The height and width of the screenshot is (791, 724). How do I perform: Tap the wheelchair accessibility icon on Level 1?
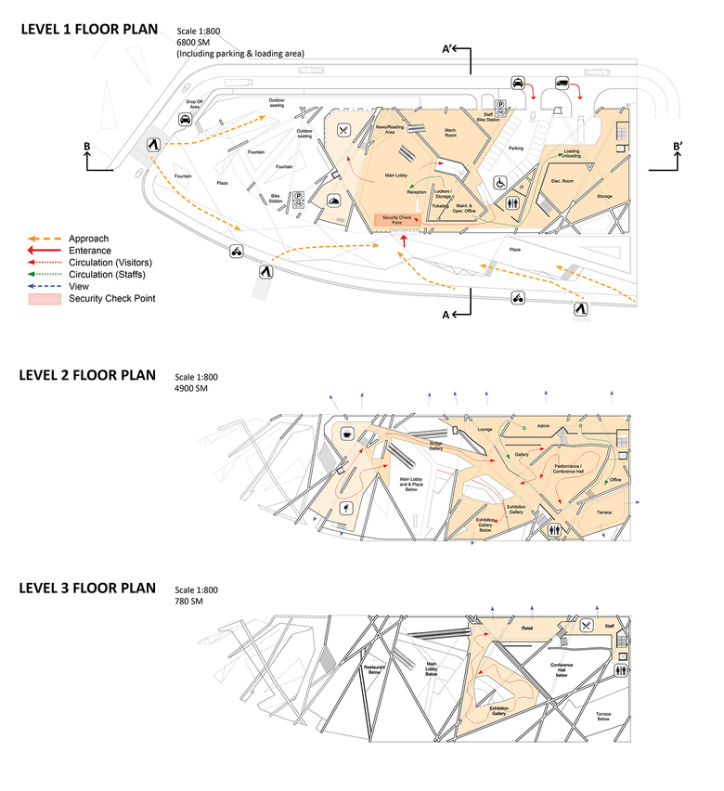(x=498, y=182)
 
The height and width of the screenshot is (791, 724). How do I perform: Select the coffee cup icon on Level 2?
(x=346, y=434)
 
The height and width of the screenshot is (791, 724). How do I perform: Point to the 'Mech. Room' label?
(x=454, y=133)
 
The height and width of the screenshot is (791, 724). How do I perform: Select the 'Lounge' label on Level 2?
(x=484, y=430)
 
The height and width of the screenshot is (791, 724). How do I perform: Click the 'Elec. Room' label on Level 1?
(x=562, y=180)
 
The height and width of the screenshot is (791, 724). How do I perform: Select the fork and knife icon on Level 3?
(x=586, y=626)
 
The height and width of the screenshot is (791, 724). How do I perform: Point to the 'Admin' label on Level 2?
(x=543, y=427)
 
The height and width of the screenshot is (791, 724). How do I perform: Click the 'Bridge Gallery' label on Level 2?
(x=435, y=446)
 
